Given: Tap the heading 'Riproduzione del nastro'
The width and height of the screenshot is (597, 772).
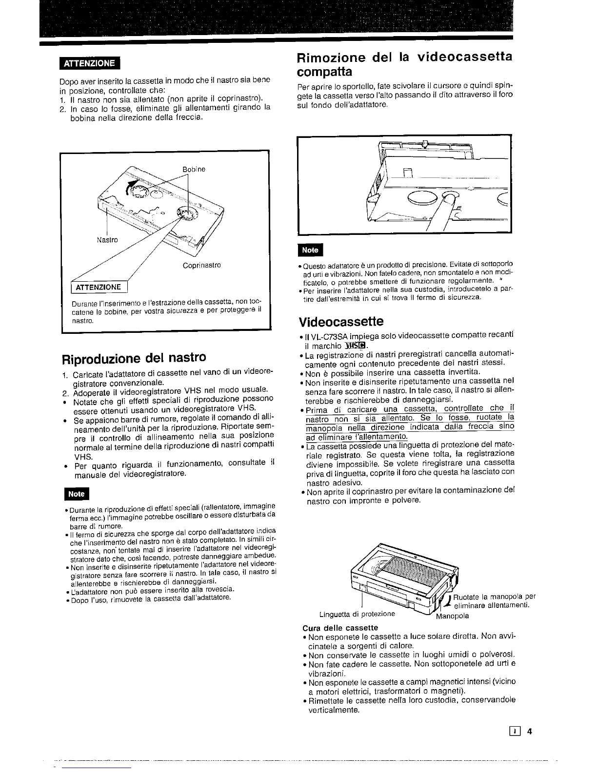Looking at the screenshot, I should point(134,357).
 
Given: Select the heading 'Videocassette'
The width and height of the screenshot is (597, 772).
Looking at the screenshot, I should point(341,322).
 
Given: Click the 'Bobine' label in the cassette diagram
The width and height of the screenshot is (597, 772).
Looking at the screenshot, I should point(194,170).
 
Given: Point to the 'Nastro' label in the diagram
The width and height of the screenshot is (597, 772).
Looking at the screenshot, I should point(107,240).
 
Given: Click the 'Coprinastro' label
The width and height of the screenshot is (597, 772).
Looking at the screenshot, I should point(202,265).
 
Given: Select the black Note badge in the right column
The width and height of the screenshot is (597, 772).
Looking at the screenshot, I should point(310,250).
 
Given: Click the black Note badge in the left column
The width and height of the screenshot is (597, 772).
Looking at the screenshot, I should point(76,494).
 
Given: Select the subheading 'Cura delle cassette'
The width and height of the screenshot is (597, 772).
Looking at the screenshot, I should point(340,628).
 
